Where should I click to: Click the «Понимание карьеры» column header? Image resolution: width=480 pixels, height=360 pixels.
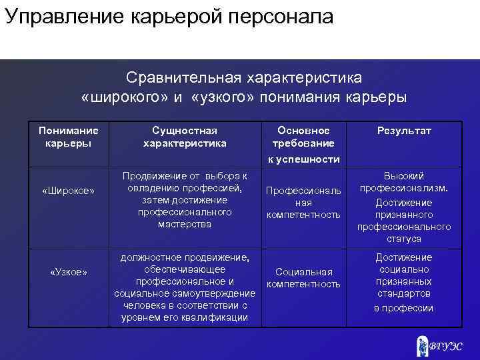(x=68, y=137)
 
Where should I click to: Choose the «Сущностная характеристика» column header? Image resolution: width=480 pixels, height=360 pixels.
(x=185, y=137)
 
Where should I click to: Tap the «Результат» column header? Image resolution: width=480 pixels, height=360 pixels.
(x=404, y=131)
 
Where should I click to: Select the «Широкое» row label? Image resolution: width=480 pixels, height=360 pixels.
(x=68, y=191)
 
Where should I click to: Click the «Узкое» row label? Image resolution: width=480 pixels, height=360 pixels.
(x=68, y=271)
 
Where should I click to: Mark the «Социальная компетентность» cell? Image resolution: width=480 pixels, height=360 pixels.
(x=303, y=279)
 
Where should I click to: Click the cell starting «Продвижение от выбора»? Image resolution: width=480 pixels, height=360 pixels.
(x=185, y=200)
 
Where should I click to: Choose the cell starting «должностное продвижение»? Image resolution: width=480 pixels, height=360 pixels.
(x=185, y=287)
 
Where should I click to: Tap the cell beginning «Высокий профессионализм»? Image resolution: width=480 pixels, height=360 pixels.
(x=404, y=207)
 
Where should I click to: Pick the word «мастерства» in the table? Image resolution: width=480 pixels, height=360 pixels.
(x=185, y=224)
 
